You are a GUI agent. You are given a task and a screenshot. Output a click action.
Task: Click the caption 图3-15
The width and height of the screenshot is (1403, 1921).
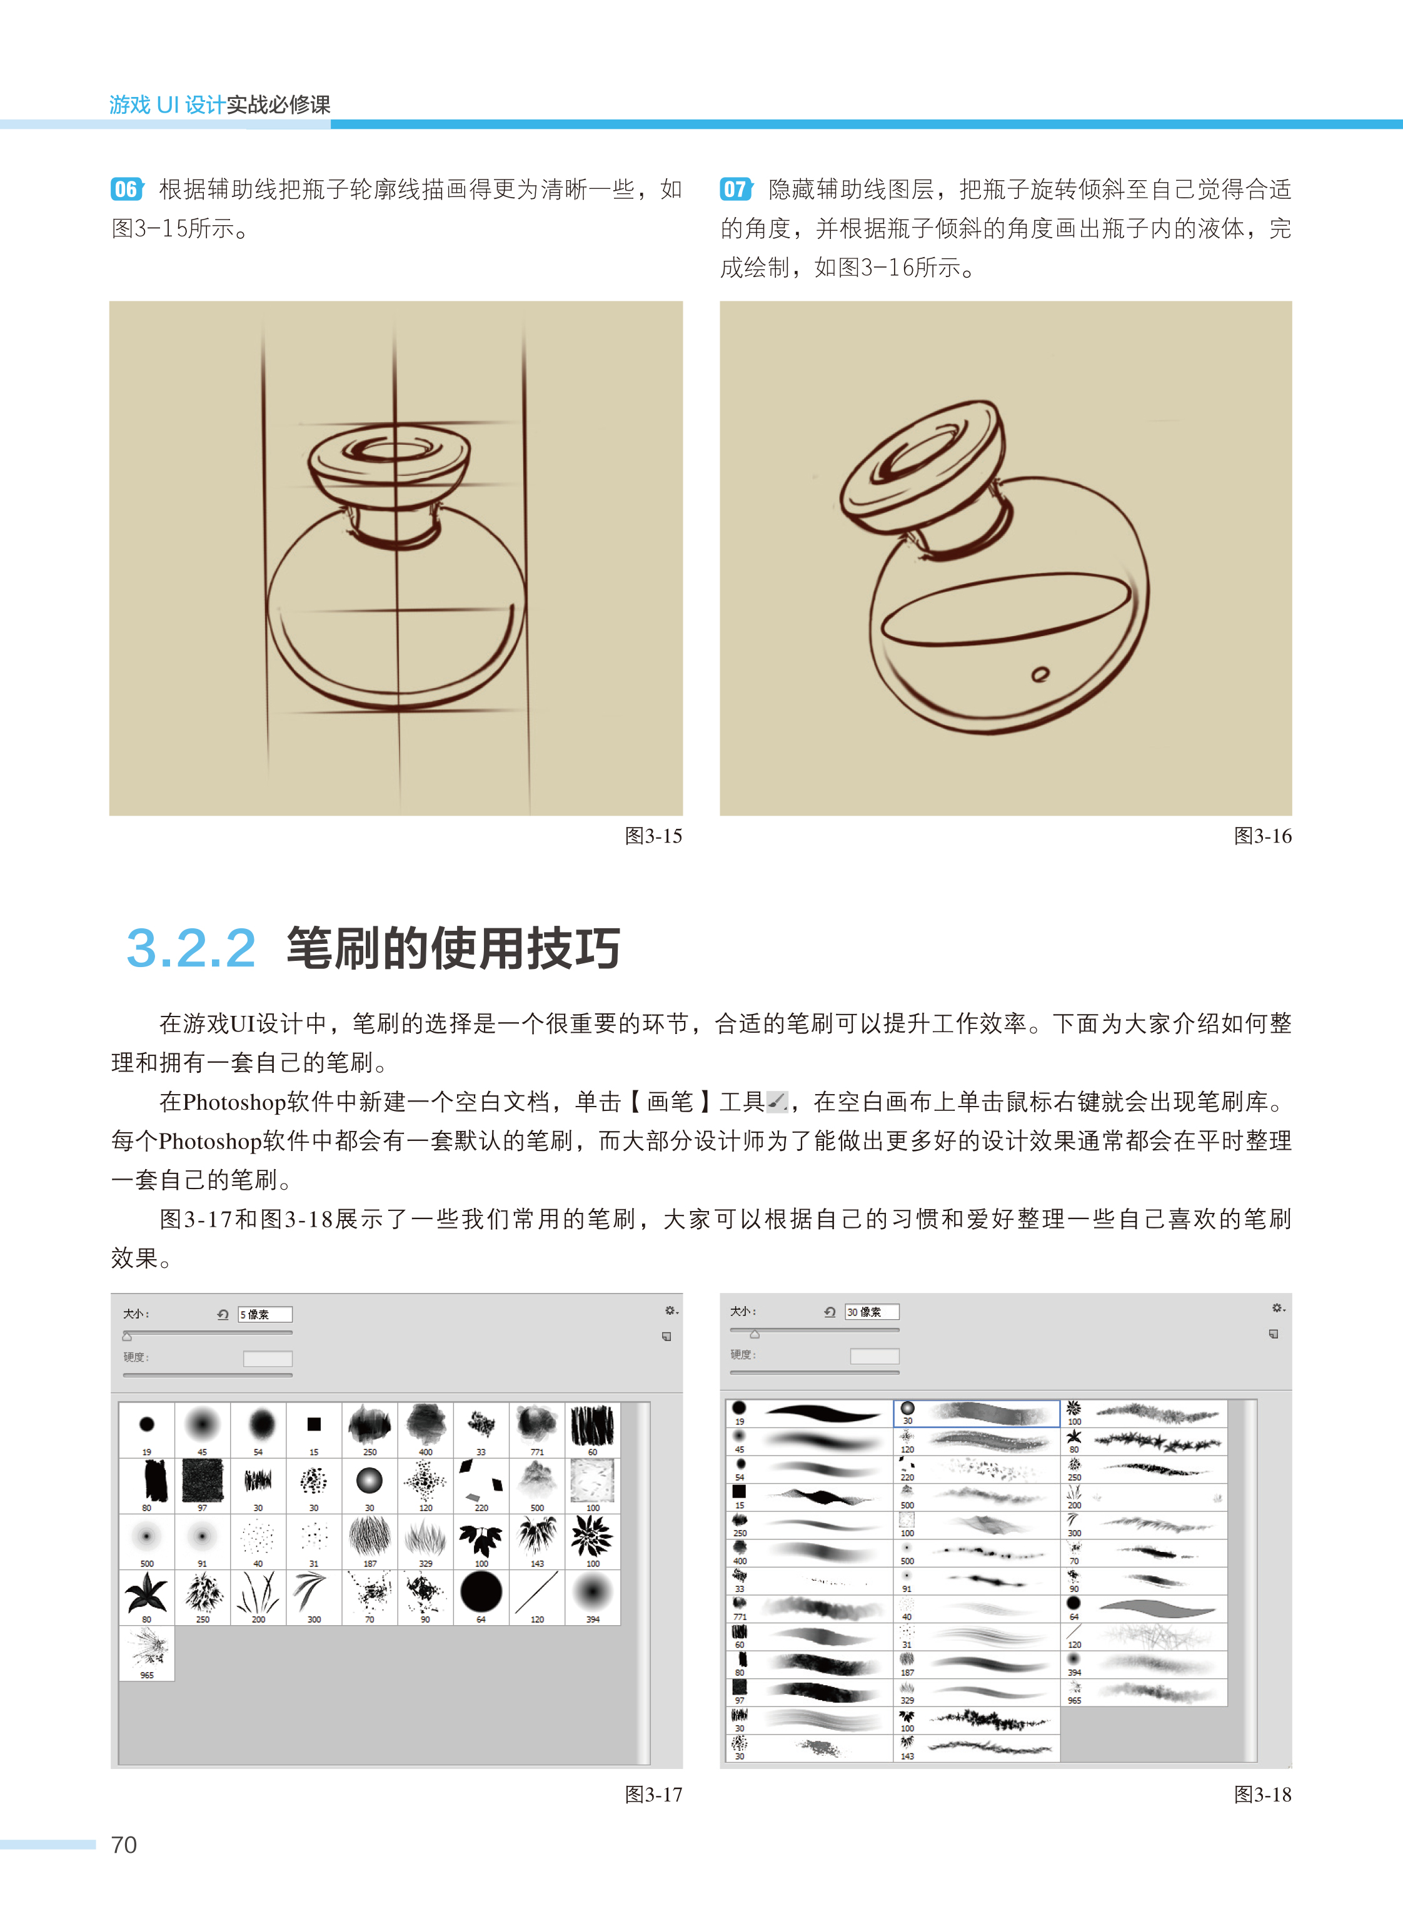point(653,836)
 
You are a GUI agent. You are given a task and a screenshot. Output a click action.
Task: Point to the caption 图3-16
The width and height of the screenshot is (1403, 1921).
point(1262,836)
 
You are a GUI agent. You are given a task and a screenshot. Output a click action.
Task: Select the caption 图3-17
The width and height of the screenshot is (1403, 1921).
point(653,1795)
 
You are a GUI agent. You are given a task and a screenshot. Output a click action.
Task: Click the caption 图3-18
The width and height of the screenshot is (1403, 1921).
point(1262,1795)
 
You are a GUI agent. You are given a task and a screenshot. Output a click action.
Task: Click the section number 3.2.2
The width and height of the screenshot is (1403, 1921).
point(191,948)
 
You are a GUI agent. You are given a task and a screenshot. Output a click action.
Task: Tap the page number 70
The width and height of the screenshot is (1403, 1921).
point(124,1845)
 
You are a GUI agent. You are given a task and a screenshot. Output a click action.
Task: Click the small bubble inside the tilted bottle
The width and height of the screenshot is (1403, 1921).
point(1040,674)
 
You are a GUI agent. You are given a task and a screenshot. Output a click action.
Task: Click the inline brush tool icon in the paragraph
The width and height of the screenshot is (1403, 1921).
point(777,1102)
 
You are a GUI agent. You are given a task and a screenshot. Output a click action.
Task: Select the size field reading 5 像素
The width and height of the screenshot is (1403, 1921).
point(265,1314)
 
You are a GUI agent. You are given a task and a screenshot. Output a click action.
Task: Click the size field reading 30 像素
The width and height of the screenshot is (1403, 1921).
point(872,1312)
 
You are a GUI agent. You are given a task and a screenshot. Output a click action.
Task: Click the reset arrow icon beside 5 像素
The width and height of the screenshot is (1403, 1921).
point(223,1314)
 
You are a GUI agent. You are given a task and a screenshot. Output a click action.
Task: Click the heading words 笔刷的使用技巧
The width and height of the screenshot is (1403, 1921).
point(453,948)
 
